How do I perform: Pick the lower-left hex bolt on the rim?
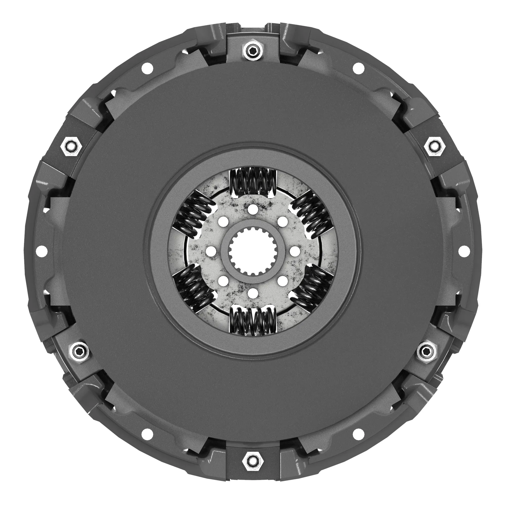(x=79, y=350)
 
